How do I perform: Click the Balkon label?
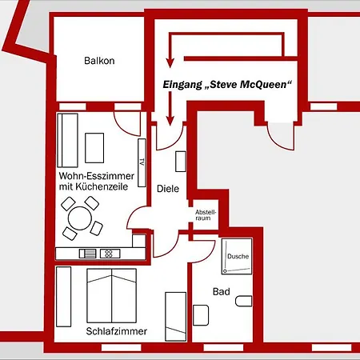tap(99, 61)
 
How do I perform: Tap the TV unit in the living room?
tap(142, 162)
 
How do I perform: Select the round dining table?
tap(80, 218)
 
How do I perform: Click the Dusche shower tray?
tap(237, 256)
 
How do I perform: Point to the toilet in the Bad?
tap(243, 301)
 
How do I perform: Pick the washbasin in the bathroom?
tap(201, 315)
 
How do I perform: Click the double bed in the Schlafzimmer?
tap(112, 295)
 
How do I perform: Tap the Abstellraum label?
tap(206, 215)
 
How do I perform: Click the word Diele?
tap(168, 189)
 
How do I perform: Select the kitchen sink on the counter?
tap(88, 254)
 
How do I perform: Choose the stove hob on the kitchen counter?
tap(110, 254)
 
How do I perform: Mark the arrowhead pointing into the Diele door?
tap(170, 121)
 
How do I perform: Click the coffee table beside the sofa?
tap(94, 148)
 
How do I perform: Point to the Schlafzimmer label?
tap(117, 331)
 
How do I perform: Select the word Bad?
tap(222, 291)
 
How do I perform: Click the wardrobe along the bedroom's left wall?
tap(64, 297)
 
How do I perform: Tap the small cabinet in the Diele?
tap(181, 162)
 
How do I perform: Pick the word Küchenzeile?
tap(102, 186)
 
